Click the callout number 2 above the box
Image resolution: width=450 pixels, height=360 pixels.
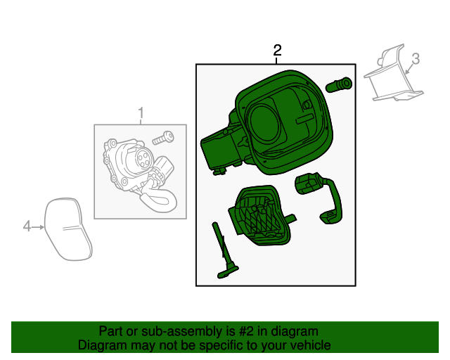pyautogui.click(x=277, y=51)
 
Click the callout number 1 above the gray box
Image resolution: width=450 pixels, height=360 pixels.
pyautogui.click(x=141, y=112)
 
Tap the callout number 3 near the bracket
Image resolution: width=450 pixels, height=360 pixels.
pyautogui.click(x=416, y=59)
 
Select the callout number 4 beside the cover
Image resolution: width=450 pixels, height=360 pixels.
pyautogui.click(x=27, y=226)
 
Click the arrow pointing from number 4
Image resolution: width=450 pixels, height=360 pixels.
pyautogui.click(x=38, y=227)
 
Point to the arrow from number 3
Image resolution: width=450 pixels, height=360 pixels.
pyautogui.click(x=409, y=70)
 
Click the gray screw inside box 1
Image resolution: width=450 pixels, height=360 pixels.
pyautogui.click(x=163, y=138)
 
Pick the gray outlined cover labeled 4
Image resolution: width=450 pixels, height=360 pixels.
pyautogui.click(x=67, y=229)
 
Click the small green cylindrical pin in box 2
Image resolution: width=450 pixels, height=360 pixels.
pyautogui.click(x=339, y=84)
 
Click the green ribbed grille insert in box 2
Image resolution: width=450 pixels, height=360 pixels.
pyautogui.click(x=259, y=215)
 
